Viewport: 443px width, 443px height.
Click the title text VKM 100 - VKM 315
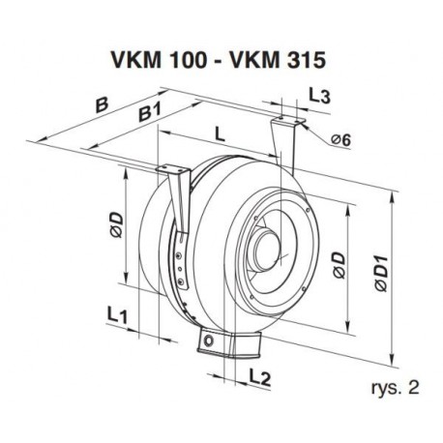tap(218, 60)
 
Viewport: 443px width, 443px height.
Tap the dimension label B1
tap(149, 112)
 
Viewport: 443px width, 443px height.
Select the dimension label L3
tap(319, 96)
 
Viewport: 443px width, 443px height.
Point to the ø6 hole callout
tap(340, 140)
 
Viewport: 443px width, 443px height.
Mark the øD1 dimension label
tap(381, 274)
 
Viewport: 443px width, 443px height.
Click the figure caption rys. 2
tap(396, 388)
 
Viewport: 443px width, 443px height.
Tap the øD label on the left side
tap(117, 224)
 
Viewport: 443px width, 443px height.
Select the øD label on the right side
tap(339, 265)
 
